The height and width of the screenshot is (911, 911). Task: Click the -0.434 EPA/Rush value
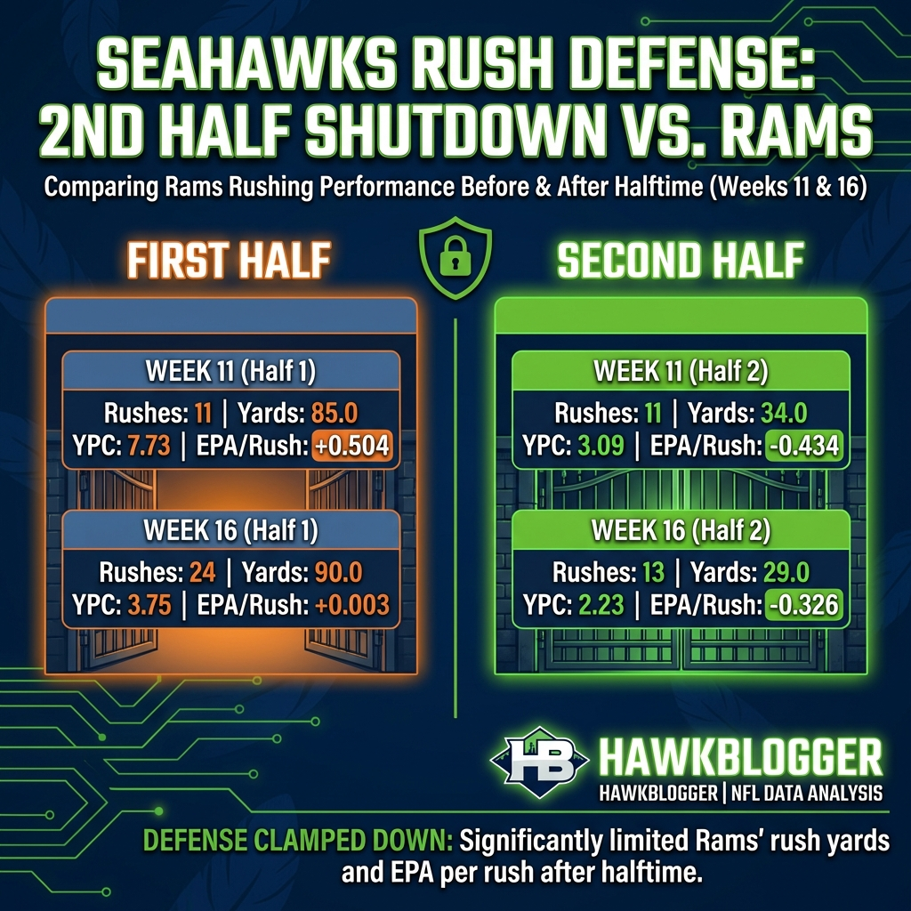point(802,445)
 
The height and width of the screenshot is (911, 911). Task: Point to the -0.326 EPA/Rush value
point(802,605)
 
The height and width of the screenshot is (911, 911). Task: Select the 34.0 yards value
point(779,414)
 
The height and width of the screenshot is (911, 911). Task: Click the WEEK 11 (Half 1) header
point(230,371)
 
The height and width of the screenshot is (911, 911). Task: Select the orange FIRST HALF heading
point(229,262)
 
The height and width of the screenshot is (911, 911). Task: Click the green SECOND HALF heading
point(681,262)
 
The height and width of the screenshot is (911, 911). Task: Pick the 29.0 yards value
point(779,572)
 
